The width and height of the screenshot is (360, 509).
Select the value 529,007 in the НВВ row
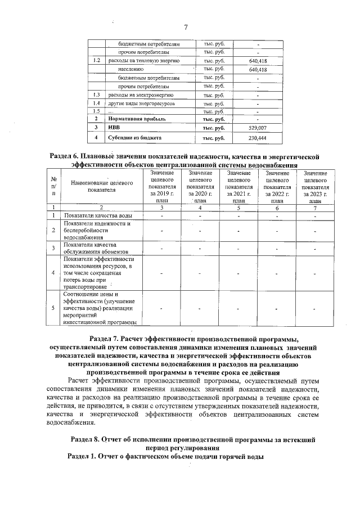pos(258,128)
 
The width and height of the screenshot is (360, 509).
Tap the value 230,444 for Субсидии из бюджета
pos(258,138)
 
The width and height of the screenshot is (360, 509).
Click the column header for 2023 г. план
pos(314,187)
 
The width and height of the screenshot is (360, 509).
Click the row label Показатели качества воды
pos(98,216)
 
